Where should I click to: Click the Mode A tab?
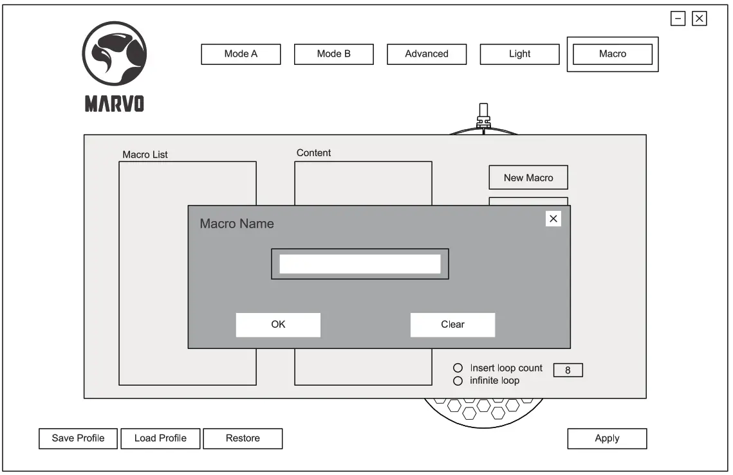coord(241,54)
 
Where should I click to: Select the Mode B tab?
coord(333,54)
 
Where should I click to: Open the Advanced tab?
coord(426,54)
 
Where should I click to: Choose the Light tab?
coord(519,54)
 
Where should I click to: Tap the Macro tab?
coord(612,54)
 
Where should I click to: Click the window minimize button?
coord(678,19)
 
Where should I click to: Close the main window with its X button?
coord(700,19)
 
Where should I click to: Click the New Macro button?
coord(528,177)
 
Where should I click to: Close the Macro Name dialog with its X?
coord(553,219)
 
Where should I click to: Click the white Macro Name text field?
coord(360,264)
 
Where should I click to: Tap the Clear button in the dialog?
coord(452,325)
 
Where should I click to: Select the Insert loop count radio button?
coord(458,368)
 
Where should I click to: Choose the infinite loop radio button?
coord(458,381)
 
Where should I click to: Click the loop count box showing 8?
coord(568,370)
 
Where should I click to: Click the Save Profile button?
coord(78,438)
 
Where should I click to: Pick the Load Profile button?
coord(160,438)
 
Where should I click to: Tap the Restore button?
coord(243,438)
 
